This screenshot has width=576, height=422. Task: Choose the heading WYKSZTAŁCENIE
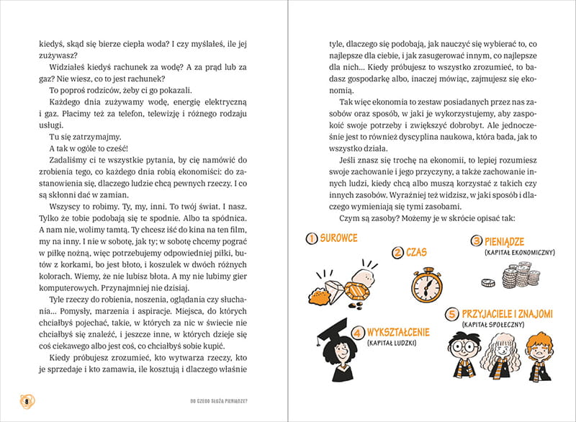coord(398,332)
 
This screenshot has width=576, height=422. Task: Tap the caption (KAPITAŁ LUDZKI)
coord(396,344)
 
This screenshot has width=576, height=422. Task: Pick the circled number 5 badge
coord(451,314)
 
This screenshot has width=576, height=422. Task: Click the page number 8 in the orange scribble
coord(27,400)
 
